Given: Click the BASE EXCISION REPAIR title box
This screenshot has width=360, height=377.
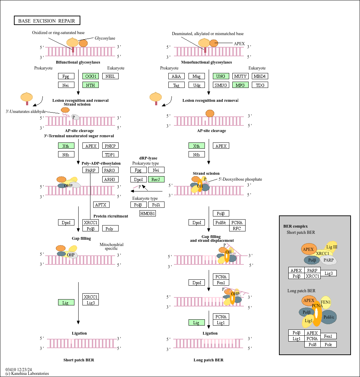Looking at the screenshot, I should (x=47, y=21).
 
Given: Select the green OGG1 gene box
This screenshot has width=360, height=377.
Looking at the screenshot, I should (x=90, y=76).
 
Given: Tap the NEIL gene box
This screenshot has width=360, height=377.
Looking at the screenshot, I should (x=110, y=76).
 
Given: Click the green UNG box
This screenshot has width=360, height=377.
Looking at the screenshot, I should (x=221, y=76).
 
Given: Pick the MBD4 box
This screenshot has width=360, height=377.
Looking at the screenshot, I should (x=260, y=76).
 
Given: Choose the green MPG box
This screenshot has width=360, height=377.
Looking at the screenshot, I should (x=240, y=85).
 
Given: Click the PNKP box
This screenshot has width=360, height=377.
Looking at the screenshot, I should (x=110, y=146).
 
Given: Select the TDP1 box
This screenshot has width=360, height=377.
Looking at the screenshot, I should (x=110, y=154).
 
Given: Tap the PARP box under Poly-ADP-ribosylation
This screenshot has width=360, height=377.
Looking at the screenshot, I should (x=90, y=170).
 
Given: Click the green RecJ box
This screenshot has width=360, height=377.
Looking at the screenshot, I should (x=156, y=180).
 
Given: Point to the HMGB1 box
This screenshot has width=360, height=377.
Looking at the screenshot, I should (x=147, y=213).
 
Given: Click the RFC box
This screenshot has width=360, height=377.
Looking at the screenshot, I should (x=237, y=228).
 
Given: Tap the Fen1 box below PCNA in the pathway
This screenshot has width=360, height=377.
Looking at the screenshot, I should (x=221, y=282).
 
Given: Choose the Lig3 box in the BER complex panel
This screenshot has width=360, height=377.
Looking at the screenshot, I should (x=328, y=273).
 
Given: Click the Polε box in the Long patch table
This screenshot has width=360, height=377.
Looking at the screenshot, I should (x=328, y=344).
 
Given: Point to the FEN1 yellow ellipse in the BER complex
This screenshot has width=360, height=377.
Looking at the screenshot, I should (x=326, y=302).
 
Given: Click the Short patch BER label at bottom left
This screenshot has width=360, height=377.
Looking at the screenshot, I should (x=79, y=360).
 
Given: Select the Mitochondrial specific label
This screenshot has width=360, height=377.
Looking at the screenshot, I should (x=111, y=246).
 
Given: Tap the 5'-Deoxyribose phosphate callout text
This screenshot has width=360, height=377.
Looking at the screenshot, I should (x=240, y=179).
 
